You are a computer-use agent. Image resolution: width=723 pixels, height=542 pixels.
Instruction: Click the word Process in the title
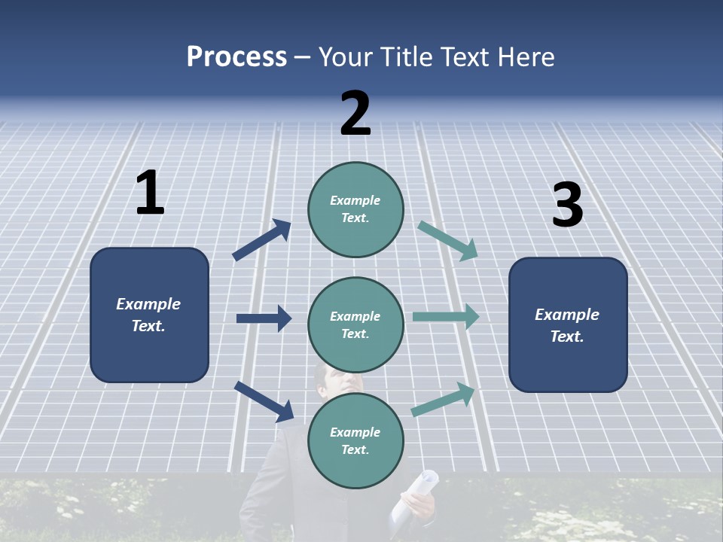236,57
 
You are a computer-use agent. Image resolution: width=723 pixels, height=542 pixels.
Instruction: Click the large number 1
150,193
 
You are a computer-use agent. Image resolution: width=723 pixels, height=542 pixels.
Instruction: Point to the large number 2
355,114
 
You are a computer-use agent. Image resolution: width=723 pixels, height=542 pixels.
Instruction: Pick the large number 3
567,206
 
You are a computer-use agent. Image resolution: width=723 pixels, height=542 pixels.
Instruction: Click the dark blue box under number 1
149,315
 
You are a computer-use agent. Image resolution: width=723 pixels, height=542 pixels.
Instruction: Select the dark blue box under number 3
568,324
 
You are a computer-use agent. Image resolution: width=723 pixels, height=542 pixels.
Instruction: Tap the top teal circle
355,209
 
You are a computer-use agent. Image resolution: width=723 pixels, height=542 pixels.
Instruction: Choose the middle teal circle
355,324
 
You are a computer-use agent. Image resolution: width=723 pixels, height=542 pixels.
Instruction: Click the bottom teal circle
355,440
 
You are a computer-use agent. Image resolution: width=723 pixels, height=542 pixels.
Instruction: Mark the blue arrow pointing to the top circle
262,240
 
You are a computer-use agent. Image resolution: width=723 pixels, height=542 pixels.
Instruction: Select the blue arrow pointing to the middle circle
264,318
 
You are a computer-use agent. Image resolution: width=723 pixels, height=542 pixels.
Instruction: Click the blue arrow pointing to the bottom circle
264,401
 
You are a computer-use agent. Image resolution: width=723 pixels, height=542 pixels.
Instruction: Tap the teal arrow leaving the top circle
448,240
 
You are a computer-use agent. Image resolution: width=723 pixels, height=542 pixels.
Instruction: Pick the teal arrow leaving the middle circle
446,317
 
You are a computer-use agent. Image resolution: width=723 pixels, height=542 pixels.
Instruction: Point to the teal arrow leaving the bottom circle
444,400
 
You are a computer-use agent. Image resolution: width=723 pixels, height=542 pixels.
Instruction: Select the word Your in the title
345,57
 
